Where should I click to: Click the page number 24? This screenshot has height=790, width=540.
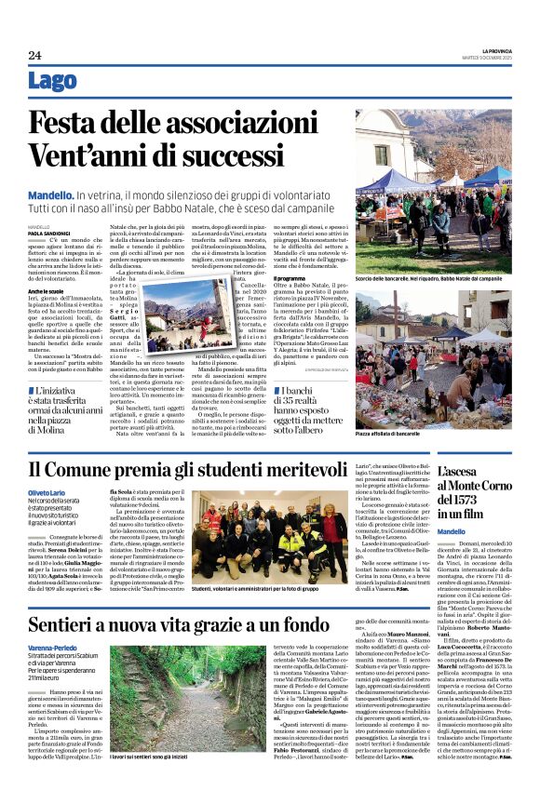[34, 56]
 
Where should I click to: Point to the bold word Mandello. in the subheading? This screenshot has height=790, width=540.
[50, 194]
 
